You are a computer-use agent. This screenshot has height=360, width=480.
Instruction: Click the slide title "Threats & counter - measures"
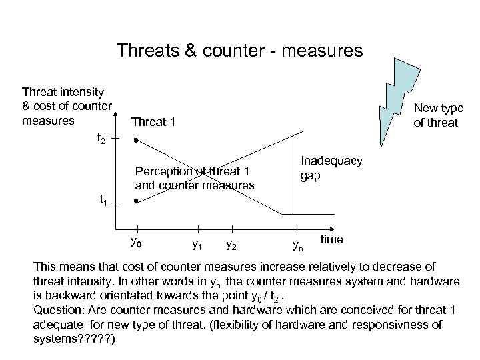[240, 51]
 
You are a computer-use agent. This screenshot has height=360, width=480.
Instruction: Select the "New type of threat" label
[438, 115]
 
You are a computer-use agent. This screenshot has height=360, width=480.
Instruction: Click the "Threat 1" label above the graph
[154, 122]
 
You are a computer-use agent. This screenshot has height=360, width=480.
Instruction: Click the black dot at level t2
[135, 141]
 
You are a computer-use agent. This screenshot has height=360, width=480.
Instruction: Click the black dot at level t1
[135, 201]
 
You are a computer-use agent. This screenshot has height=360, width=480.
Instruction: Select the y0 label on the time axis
[135, 241]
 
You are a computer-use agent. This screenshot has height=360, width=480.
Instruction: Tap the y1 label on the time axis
[197, 245]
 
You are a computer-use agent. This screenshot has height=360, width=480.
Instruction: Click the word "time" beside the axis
[332, 239]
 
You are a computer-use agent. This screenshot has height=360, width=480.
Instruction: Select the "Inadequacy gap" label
[331, 168]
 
